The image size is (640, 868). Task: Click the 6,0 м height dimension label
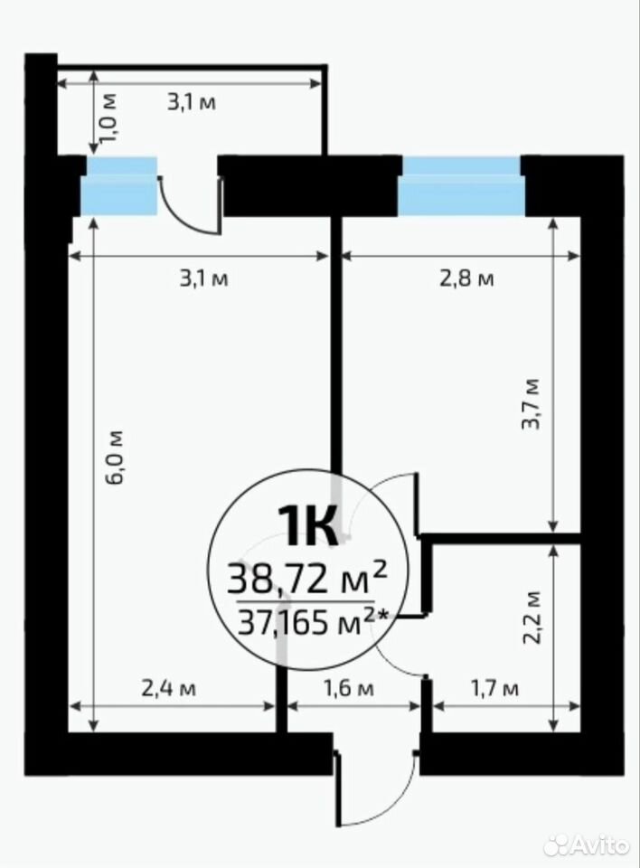(116, 457)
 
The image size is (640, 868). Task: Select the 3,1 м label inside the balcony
(192, 102)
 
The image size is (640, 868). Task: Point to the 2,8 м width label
(466, 278)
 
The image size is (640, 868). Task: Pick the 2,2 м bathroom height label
(532, 618)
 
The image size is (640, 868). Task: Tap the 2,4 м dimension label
(169, 689)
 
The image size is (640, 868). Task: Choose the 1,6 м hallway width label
(348, 689)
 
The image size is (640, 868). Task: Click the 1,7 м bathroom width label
(494, 689)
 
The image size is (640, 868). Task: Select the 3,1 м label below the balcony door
(203, 278)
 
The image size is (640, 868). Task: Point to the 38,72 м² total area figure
(306, 579)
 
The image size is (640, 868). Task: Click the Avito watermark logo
(586, 844)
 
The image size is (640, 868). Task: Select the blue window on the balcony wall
(119, 186)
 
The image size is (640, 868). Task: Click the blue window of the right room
(462, 186)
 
